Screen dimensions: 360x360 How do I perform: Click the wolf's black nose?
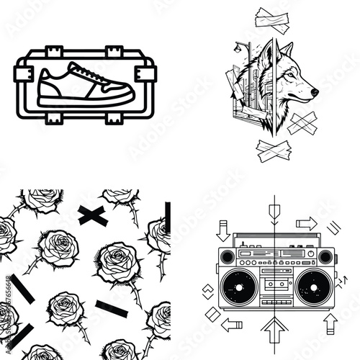[315, 92]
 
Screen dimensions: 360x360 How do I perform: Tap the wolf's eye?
[291, 74]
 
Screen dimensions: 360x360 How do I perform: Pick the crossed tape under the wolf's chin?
[302, 124]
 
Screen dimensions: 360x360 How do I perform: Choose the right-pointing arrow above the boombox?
[307, 223]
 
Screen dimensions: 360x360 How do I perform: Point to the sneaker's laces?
[87, 73]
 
